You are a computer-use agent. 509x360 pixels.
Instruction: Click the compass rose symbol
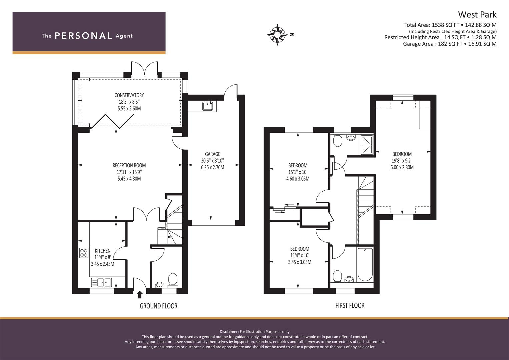tap(277, 34)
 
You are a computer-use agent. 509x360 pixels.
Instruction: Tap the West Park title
tap(477, 15)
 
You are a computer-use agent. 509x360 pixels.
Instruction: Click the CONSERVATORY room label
tap(129, 95)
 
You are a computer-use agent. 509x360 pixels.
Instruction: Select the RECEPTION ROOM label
tap(129, 165)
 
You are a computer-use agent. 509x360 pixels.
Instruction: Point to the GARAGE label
tap(212, 154)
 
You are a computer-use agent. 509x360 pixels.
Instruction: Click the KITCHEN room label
tap(103, 251)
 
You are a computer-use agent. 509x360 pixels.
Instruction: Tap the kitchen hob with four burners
tap(84, 253)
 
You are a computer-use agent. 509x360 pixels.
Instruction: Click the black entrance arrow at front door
tap(140, 294)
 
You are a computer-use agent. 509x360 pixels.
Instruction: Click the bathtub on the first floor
tap(365, 264)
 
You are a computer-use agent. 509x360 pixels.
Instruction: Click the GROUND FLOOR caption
tap(158, 306)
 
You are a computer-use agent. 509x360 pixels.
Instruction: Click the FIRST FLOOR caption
tap(350, 305)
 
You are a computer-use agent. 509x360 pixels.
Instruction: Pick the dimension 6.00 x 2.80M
tap(402, 167)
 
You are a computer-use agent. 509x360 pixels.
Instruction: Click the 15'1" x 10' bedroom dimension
tap(298, 172)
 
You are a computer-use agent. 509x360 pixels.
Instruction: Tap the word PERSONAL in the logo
tap(83, 36)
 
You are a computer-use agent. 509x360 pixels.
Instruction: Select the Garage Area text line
tap(449, 44)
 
